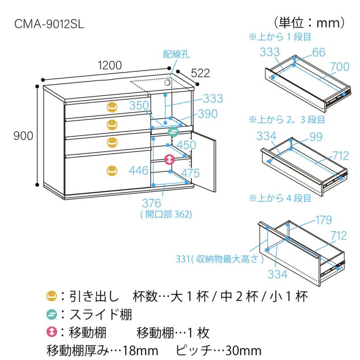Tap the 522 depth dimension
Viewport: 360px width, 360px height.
click(x=201, y=73)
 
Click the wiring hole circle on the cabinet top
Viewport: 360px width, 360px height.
click(x=168, y=83)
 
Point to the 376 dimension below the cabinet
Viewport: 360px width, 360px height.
click(x=152, y=203)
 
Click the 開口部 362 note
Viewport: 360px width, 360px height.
click(x=166, y=215)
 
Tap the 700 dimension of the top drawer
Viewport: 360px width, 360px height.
click(x=339, y=67)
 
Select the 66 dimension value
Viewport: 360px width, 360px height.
click(x=318, y=52)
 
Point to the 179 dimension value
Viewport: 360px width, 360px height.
click(x=323, y=220)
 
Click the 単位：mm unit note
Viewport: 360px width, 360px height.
click(x=309, y=22)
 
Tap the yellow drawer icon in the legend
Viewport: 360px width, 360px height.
click(x=51, y=296)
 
